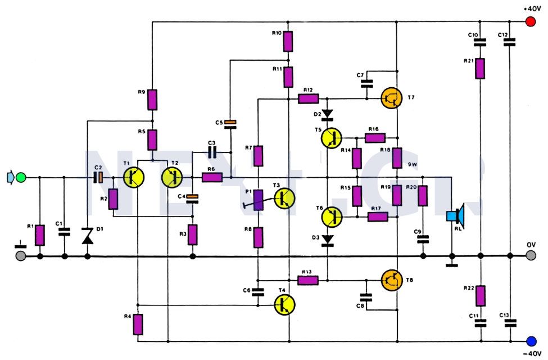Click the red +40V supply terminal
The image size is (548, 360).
pyautogui.click(x=529, y=22)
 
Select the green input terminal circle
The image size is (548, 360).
pyautogui.click(x=21, y=178)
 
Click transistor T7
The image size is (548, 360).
pyautogui.click(x=391, y=98)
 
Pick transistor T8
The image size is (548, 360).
pyautogui.click(x=391, y=280)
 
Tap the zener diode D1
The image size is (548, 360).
pyautogui.click(x=88, y=236)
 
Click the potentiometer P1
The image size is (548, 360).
pyautogui.click(x=258, y=200)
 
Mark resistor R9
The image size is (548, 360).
pyautogui.click(x=152, y=100)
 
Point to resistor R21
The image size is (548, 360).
pyautogui.click(x=479, y=68)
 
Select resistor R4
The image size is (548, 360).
pyautogui.click(x=138, y=325)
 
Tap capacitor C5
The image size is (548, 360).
pyautogui.click(x=230, y=122)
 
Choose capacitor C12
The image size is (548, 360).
pyautogui.click(x=509, y=42)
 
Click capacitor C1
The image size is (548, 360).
pyautogui.click(x=64, y=231)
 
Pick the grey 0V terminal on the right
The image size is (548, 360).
pyautogui.click(x=531, y=256)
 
